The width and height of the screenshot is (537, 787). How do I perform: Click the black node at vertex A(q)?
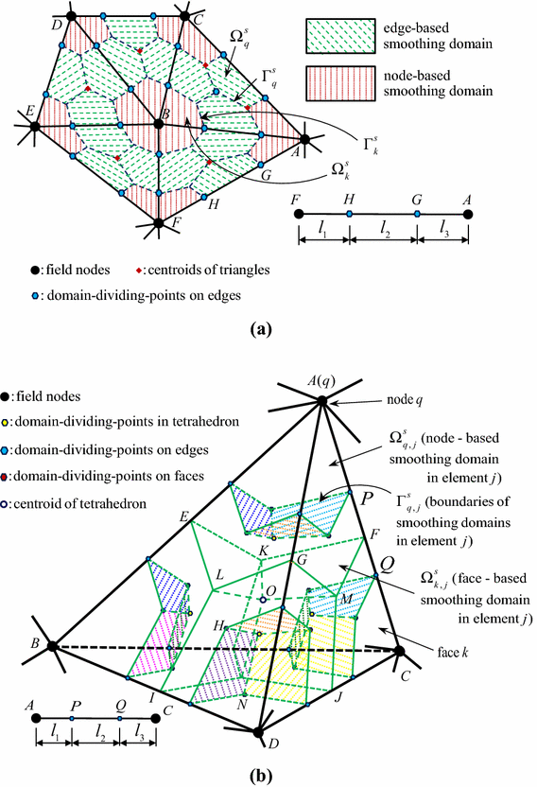tap(322, 402)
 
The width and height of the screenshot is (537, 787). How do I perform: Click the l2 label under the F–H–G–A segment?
tap(383, 249)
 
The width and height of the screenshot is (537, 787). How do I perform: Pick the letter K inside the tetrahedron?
tap(263, 551)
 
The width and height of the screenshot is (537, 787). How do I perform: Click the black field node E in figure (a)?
tap(33, 125)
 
